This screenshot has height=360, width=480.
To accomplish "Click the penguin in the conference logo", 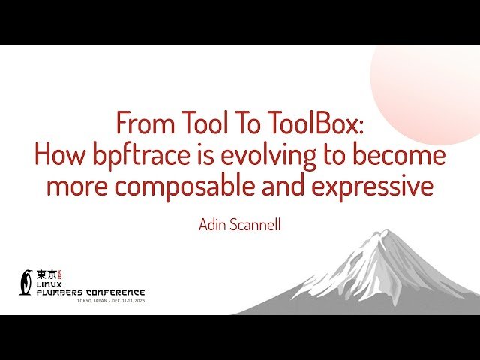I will click(x=27, y=281).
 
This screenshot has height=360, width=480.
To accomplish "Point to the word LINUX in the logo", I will click(x=52, y=284).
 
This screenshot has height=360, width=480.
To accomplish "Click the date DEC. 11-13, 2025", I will click(x=126, y=301).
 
